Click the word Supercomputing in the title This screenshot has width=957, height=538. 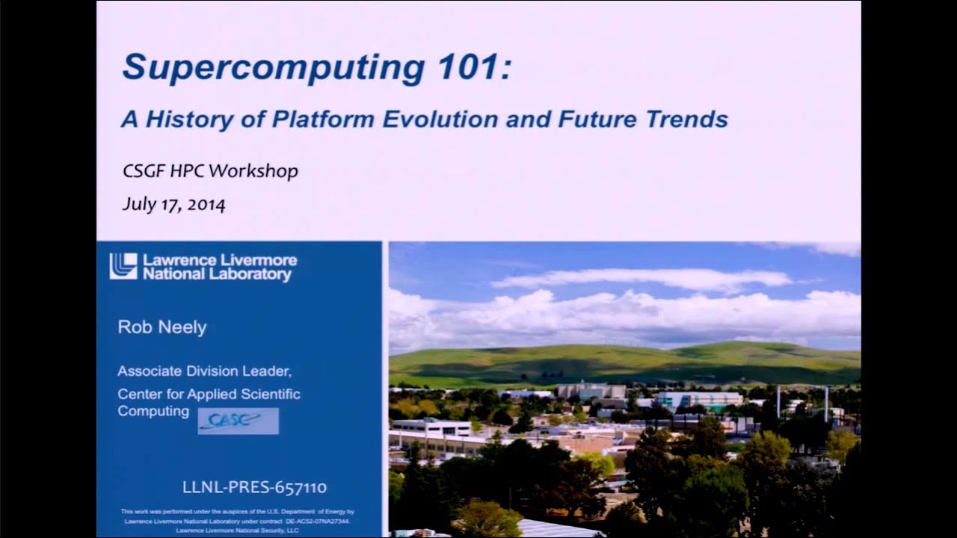pyautogui.click(x=274, y=67)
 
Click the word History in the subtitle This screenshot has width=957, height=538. pyautogui.click(x=187, y=119)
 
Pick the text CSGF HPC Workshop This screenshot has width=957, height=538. pyautogui.click(x=210, y=171)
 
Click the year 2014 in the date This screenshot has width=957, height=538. pyautogui.click(x=206, y=205)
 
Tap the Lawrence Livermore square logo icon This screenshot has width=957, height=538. pyautogui.click(x=123, y=266)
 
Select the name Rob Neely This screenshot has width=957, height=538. pyautogui.click(x=161, y=327)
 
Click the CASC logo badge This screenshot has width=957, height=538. pyautogui.click(x=238, y=421)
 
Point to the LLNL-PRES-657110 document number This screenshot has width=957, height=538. pyautogui.click(x=254, y=487)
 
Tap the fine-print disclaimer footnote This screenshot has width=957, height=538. pyautogui.click(x=238, y=521)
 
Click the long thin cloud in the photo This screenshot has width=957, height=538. pyautogui.click(x=641, y=280)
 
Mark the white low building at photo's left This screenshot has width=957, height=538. pyautogui.click(x=431, y=427)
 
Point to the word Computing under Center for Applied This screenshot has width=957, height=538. pyautogui.click(x=153, y=412)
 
